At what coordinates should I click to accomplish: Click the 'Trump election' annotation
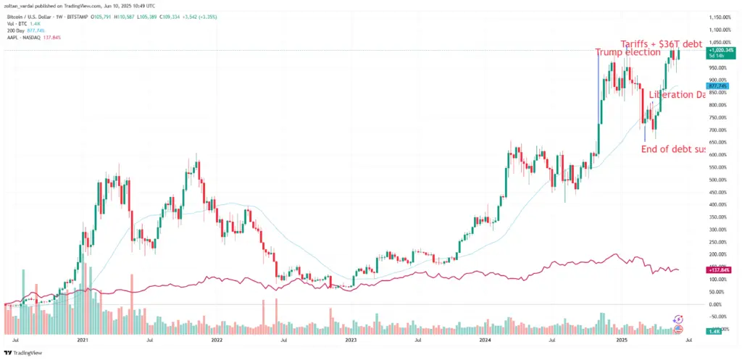coord(628,52)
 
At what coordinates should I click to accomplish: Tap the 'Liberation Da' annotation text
coord(677,95)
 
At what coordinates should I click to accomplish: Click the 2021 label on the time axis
coord(83,339)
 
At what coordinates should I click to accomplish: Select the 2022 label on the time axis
coord(216,339)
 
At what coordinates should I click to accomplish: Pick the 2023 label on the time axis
coord(351,339)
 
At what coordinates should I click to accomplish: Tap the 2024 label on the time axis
coord(485,339)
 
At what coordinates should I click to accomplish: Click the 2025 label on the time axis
coord(620,339)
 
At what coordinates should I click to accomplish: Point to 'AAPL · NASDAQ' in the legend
coord(20,36)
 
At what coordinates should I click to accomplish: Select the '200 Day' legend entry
coord(14,30)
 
